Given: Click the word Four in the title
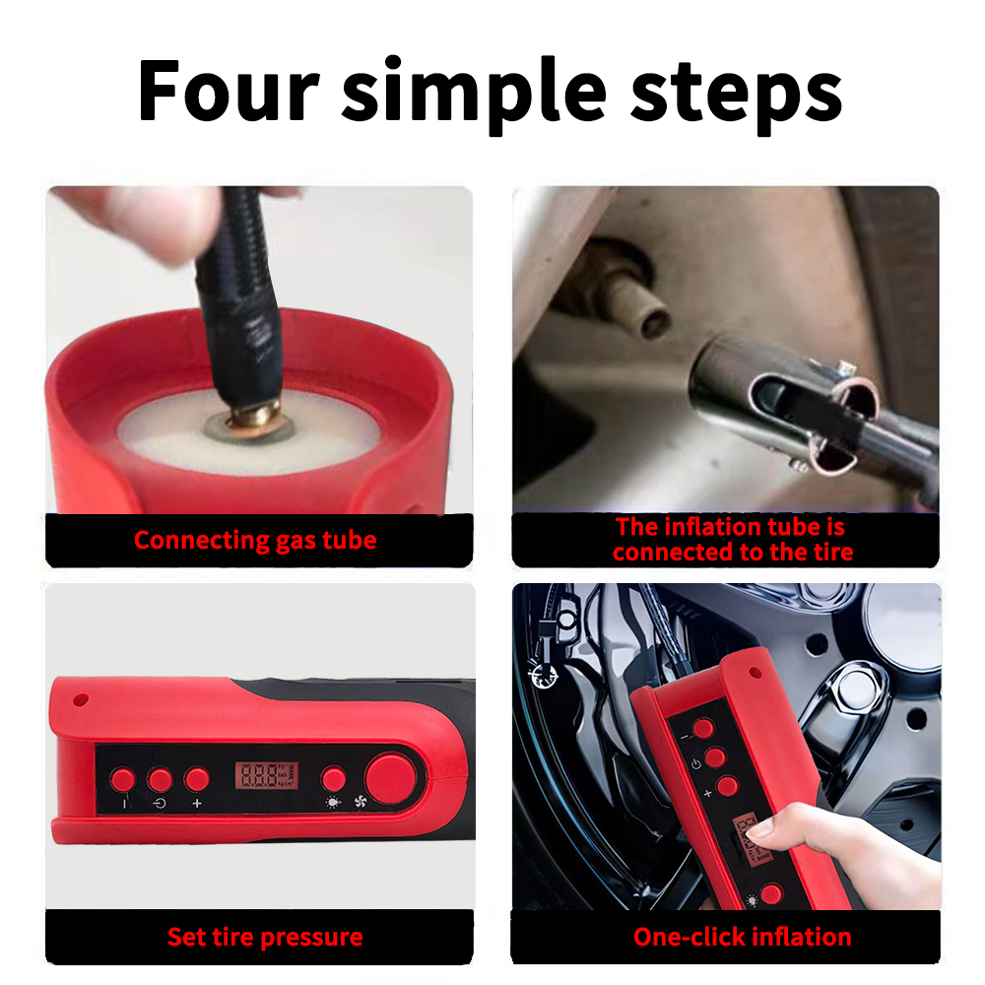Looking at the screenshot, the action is coord(229,90).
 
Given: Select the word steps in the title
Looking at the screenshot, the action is coord(736,98).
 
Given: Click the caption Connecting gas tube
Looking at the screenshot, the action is coord(255,540).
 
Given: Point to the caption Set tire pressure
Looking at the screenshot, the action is coord(265,937).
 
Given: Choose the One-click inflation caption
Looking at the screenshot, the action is coord(743,937).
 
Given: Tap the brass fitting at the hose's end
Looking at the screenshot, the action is coord(256,413).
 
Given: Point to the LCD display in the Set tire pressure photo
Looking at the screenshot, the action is coord(266,775).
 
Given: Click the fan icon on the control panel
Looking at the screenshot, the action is coord(360,802).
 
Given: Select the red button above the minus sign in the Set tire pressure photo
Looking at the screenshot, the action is coord(122,779).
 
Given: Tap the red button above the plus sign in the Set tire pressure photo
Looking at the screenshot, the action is coord(197,779).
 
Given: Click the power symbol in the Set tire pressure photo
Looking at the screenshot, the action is coord(160,803).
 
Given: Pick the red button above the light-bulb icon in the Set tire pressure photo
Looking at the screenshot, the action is coord(333,778).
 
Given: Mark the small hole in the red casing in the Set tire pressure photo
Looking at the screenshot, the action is coord(80,699).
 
